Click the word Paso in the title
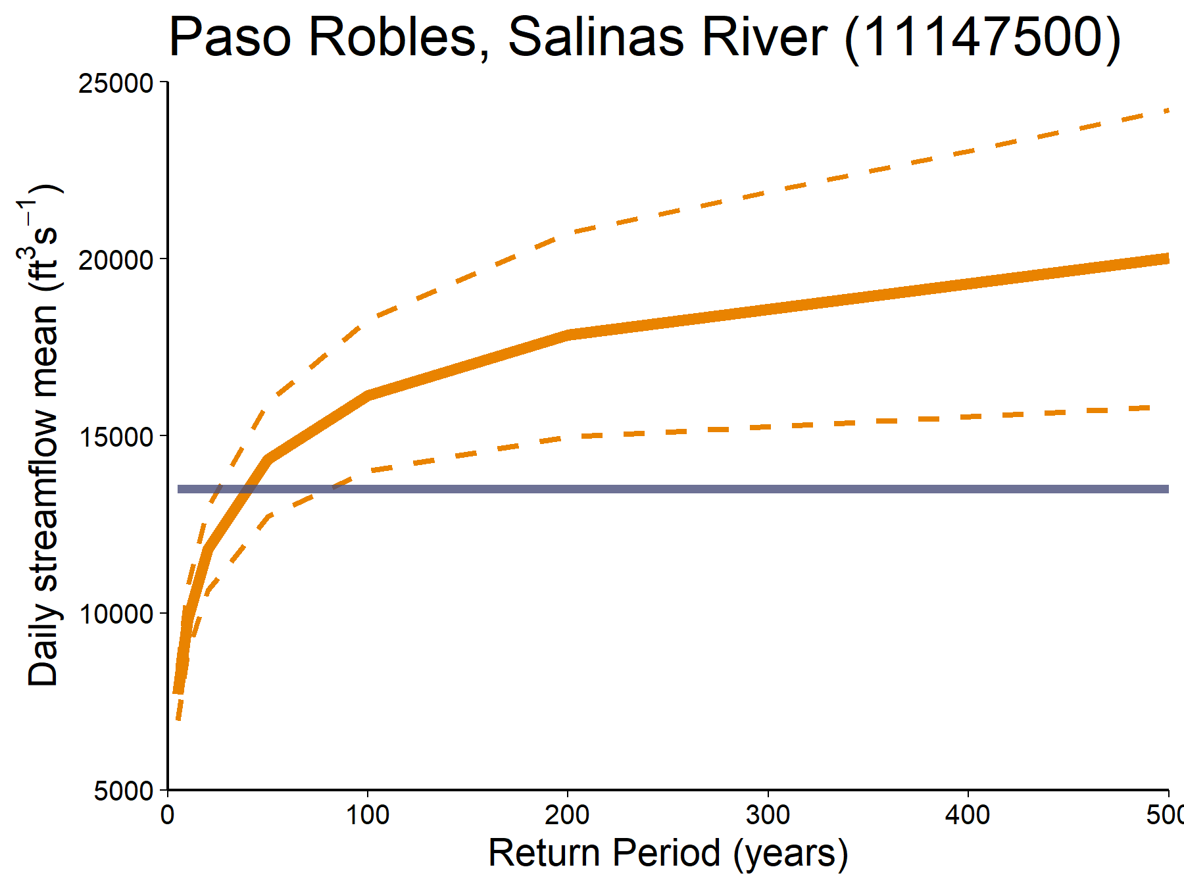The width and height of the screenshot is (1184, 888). [x=230, y=38]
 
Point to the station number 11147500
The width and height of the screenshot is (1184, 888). [x=983, y=38]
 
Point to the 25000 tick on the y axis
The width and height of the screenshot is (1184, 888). [x=116, y=84]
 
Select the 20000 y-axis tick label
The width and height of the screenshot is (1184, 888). [x=116, y=260]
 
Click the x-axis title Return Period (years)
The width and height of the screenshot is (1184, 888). [x=668, y=853]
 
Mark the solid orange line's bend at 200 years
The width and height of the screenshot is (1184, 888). [x=568, y=335]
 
